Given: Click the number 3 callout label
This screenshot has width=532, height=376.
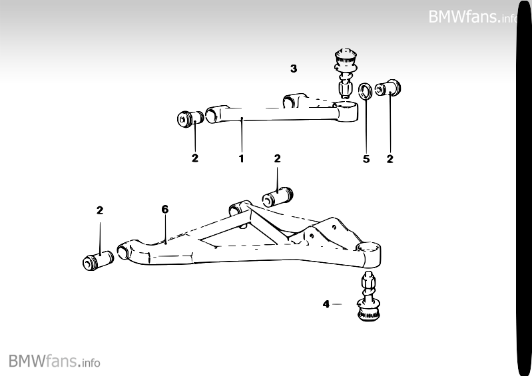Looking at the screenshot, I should click(294, 68).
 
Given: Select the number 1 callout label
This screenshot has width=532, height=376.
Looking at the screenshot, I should click(241, 159).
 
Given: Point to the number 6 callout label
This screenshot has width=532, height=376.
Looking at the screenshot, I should click(165, 209).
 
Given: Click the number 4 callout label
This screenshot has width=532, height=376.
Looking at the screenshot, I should click(326, 304).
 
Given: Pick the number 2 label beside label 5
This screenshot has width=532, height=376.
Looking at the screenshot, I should click(390, 159).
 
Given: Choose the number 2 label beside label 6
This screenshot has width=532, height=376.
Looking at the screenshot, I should click(100, 210).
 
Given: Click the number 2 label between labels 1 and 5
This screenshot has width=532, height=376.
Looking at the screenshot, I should click(278, 158).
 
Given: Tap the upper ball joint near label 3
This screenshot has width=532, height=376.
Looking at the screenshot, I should click(346, 73).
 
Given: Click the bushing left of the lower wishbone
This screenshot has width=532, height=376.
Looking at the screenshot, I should click(100, 261).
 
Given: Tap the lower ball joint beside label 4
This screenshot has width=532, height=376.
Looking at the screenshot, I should click(368, 299).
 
